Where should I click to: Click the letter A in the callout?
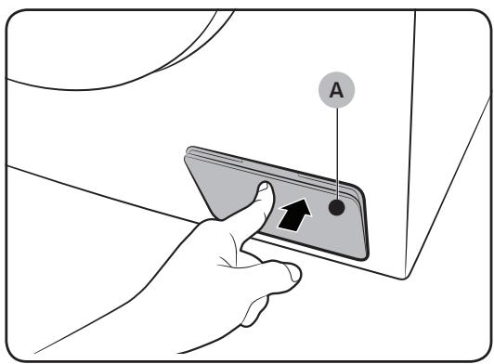336,90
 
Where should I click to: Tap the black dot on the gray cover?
336,207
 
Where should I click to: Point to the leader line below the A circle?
337,153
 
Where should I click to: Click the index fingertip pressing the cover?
266,188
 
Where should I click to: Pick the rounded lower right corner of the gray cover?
365,256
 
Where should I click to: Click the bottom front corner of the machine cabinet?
405,278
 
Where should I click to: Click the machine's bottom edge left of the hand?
101,193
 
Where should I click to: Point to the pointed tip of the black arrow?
304,200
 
